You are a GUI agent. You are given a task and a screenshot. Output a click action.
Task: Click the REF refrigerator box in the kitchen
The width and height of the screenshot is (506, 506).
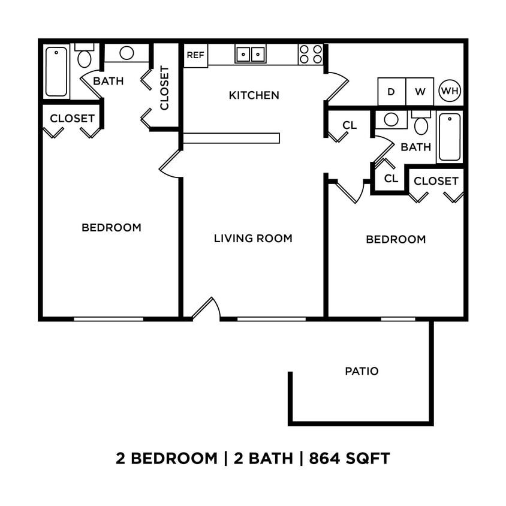[195, 55]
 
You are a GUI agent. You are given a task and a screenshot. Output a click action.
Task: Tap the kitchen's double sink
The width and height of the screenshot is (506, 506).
[251, 54]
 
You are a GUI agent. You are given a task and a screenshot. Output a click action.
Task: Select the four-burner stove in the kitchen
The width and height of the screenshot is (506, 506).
[311, 54]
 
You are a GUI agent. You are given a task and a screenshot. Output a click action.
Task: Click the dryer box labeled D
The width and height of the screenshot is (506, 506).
[391, 92]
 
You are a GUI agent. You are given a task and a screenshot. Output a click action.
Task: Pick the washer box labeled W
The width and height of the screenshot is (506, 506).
[420, 92]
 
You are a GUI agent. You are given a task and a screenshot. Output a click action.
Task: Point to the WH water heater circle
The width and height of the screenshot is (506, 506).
[450, 91]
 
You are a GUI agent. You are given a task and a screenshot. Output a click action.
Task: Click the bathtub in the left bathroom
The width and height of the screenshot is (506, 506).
[56, 72]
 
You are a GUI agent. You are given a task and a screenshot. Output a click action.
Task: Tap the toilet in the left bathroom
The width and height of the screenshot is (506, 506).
[85, 56]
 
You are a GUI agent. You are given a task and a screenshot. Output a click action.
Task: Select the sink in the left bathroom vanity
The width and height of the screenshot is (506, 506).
[126, 53]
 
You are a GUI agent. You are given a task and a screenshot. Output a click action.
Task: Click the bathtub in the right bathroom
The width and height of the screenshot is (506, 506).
[449, 137]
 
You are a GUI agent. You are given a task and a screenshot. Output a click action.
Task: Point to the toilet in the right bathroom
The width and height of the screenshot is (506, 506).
[421, 124]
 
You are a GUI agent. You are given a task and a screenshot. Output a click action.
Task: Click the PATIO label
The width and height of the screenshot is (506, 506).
[362, 371]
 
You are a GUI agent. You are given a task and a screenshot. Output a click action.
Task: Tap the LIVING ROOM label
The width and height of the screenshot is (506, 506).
[253, 239]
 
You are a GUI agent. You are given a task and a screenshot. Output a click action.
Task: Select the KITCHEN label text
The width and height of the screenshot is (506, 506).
[254, 95]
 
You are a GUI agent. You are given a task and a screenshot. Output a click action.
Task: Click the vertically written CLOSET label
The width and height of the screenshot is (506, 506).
[165, 88]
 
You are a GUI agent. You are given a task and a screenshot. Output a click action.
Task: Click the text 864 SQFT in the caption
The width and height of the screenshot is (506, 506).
[349, 459]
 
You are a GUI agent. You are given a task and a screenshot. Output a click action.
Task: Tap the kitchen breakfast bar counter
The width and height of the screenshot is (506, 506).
[231, 138]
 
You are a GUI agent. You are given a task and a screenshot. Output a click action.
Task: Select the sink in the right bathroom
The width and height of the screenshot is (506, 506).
[391, 119]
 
